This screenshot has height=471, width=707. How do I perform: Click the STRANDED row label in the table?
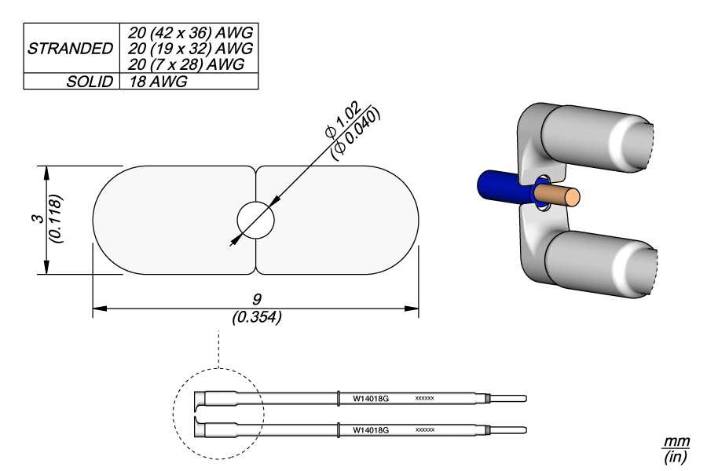(70, 49)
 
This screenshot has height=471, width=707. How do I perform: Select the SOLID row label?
(90, 82)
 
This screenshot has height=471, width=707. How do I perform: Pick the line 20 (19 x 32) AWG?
(189, 48)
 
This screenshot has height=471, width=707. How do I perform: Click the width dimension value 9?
(256, 300)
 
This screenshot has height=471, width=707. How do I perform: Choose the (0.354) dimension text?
(256, 318)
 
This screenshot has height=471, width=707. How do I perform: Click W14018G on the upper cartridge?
(371, 399)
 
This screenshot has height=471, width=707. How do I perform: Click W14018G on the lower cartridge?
(371, 430)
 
